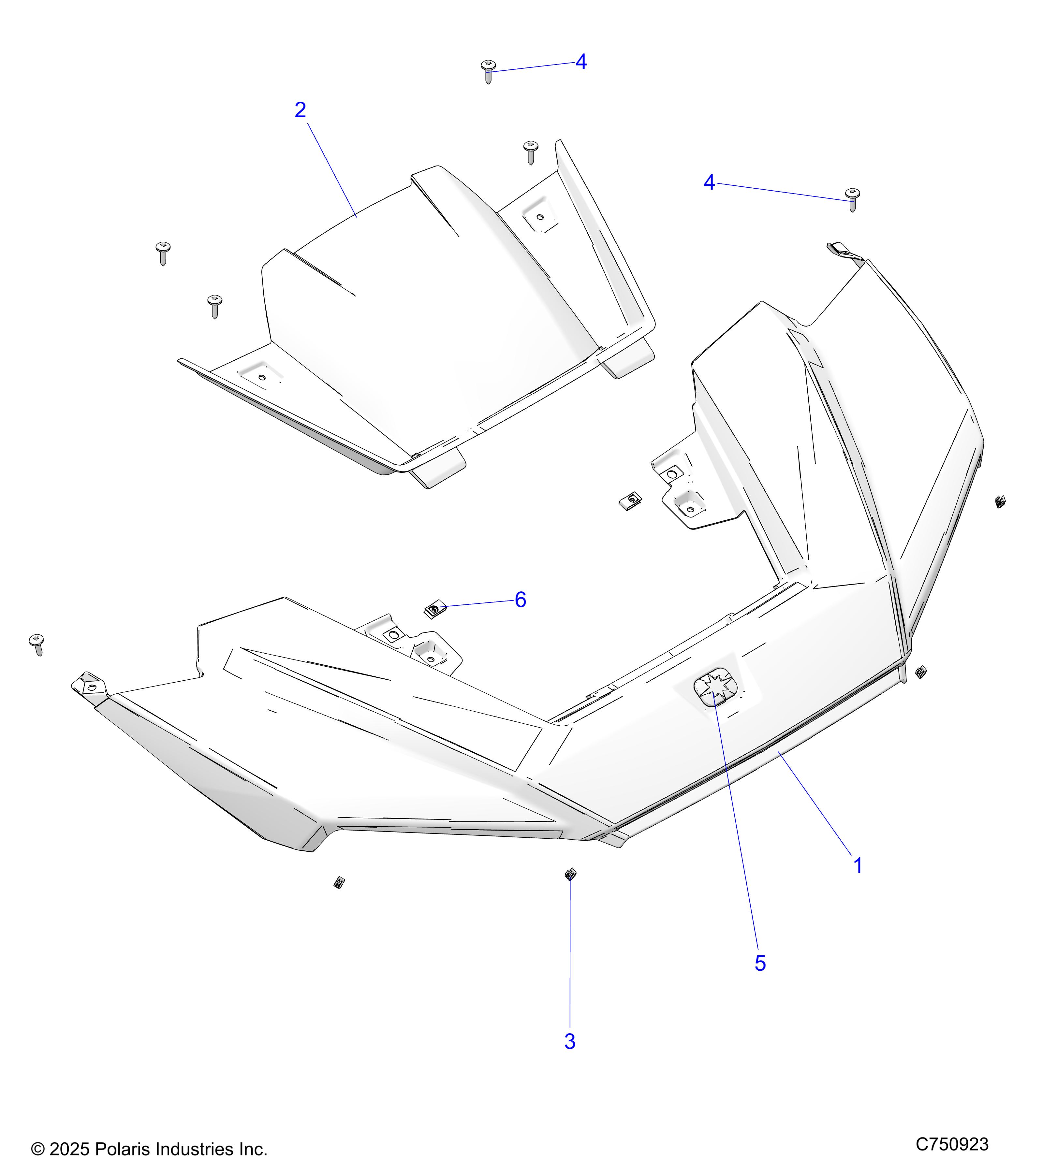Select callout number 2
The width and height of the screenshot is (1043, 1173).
click(x=300, y=110)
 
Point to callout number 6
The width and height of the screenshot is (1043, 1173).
click(x=520, y=600)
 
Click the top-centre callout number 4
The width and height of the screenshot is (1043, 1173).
click(x=581, y=62)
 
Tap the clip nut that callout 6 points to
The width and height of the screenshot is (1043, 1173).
click(x=435, y=609)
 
